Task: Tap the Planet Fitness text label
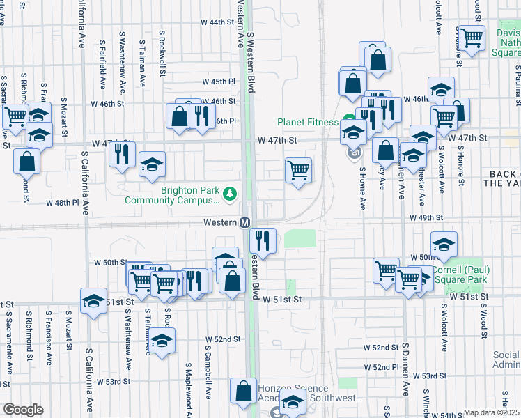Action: [x=307, y=121]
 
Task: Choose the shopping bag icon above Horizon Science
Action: [x=244, y=392]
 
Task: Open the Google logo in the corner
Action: [x=23, y=410]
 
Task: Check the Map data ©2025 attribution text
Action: [x=491, y=412]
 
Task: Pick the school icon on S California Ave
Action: [x=93, y=301]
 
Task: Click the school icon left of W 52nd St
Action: [x=162, y=341]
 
